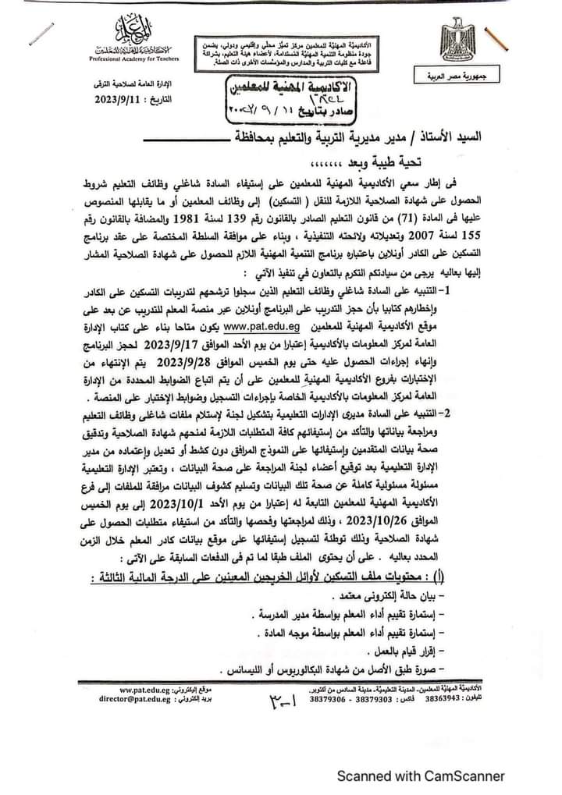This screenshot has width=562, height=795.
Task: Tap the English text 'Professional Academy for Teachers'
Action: click(x=125, y=59)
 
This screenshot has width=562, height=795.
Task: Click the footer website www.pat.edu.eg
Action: click(x=154, y=690)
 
